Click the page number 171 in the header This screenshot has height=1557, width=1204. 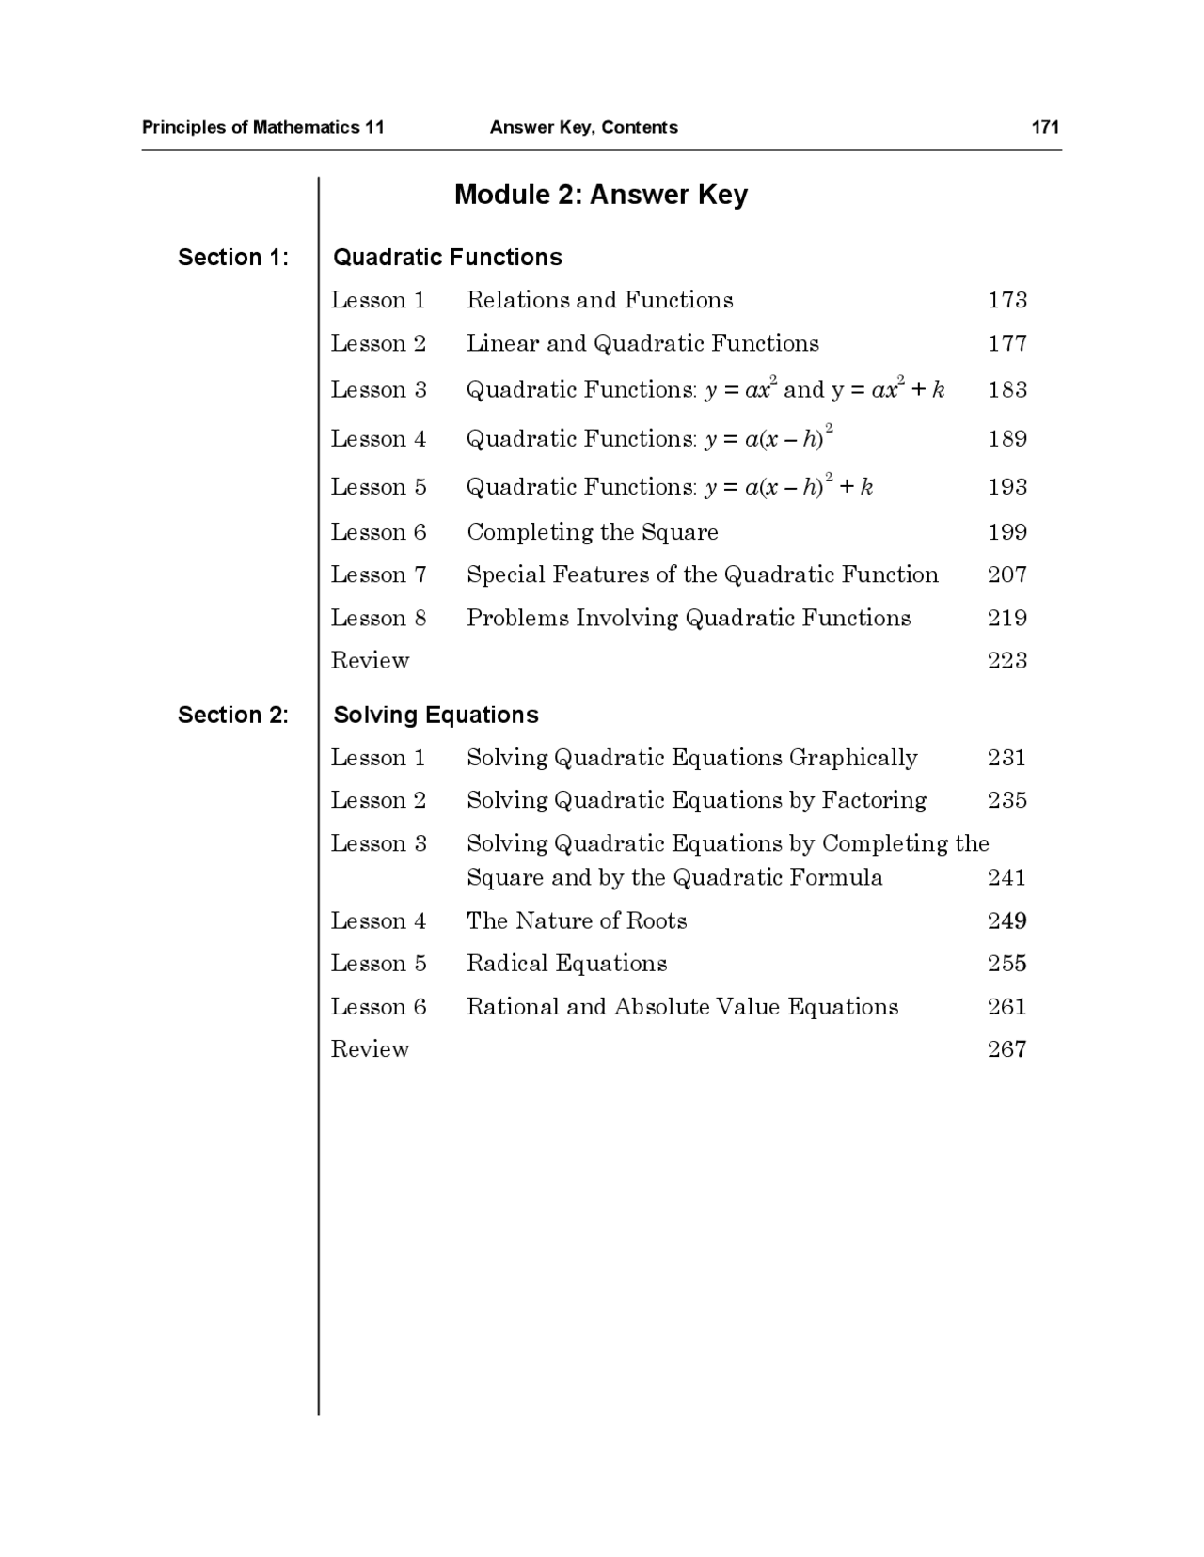tap(1045, 127)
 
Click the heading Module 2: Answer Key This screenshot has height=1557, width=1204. tap(600, 195)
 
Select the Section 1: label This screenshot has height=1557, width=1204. tap(233, 257)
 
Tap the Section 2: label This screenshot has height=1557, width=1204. tap(233, 715)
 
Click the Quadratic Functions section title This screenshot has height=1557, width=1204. tap(448, 257)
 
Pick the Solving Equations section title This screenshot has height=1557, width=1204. tap(436, 715)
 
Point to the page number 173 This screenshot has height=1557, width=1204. tap(1006, 300)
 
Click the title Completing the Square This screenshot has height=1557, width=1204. tap(592, 532)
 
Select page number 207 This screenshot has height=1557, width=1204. tap(1006, 574)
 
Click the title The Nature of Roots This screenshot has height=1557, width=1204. tap(576, 920)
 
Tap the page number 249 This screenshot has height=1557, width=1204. tap(1006, 920)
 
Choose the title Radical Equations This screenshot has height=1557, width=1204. tap(566, 964)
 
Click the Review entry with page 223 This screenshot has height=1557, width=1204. tap(370, 660)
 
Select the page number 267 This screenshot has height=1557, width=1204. tap(1006, 1049)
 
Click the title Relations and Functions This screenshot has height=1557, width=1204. tap(599, 300)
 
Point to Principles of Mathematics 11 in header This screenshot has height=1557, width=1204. tap(262, 127)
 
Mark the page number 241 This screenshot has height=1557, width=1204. tap(1006, 877)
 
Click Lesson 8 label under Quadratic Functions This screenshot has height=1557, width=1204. tap(378, 618)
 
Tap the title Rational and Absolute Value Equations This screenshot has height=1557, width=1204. tap(682, 1007)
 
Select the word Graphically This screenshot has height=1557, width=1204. tap(853, 758)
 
